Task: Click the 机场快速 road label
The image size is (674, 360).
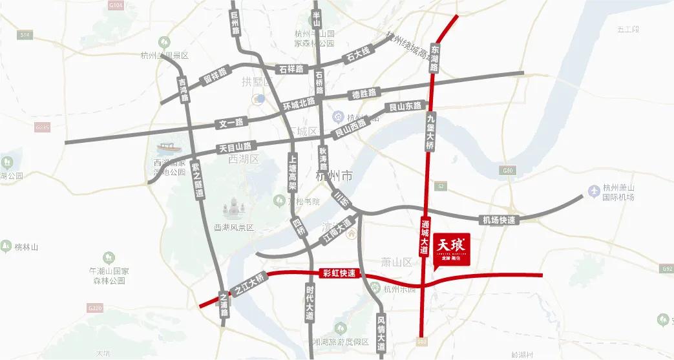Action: pyautogui.click(x=498, y=220)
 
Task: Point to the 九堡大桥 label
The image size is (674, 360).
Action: pyautogui.click(x=430, y=131)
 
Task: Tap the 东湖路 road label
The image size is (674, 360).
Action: pyautogui.click(x=434, y=59)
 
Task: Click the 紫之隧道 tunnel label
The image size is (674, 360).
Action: pyautogui.click(x=198, y=180)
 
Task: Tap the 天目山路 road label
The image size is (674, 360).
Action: pyautogui.click(x=235, y=147)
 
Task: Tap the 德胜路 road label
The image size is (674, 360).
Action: pyautogui.click(x=364, y=94)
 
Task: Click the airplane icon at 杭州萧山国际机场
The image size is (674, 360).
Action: pyautogui.click(x=593, y=191)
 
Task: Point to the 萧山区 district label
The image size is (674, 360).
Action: pyautogui.click(x=396, y=262)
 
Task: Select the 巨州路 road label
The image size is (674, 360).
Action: pyautogui.click(x=235, y=23)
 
